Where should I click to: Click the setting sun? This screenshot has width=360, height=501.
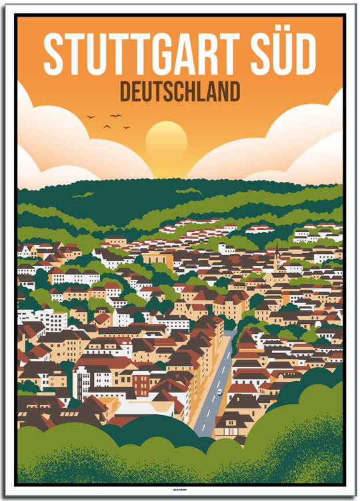166,141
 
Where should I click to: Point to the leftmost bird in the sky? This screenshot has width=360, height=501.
91,118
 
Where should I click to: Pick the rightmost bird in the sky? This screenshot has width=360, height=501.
127,127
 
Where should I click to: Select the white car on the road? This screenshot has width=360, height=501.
219,392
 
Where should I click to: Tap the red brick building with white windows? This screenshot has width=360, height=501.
141,383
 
